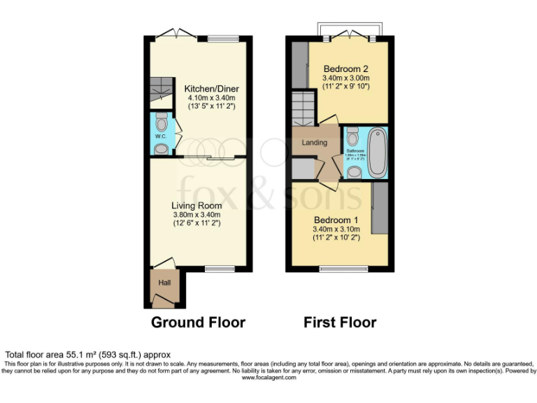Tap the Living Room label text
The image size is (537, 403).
[x=197, y=206]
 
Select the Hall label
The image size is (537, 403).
[x=164, y=283]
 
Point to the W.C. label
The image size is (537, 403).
[x=160, y=136]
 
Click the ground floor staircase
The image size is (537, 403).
[x=162, y=88]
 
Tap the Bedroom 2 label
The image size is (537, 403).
[x=345, y=69]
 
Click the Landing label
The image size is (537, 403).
[x=314, y=143]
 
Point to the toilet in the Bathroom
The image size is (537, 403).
[x=352, y=134]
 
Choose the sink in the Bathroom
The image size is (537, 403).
[x=354, y=171]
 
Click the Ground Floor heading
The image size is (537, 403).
[x=199, y=323]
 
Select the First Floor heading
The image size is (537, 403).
[x=340, y=323]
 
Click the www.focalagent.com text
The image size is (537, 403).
[x=268, y=378]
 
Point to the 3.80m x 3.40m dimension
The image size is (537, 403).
[x=197, y=215]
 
